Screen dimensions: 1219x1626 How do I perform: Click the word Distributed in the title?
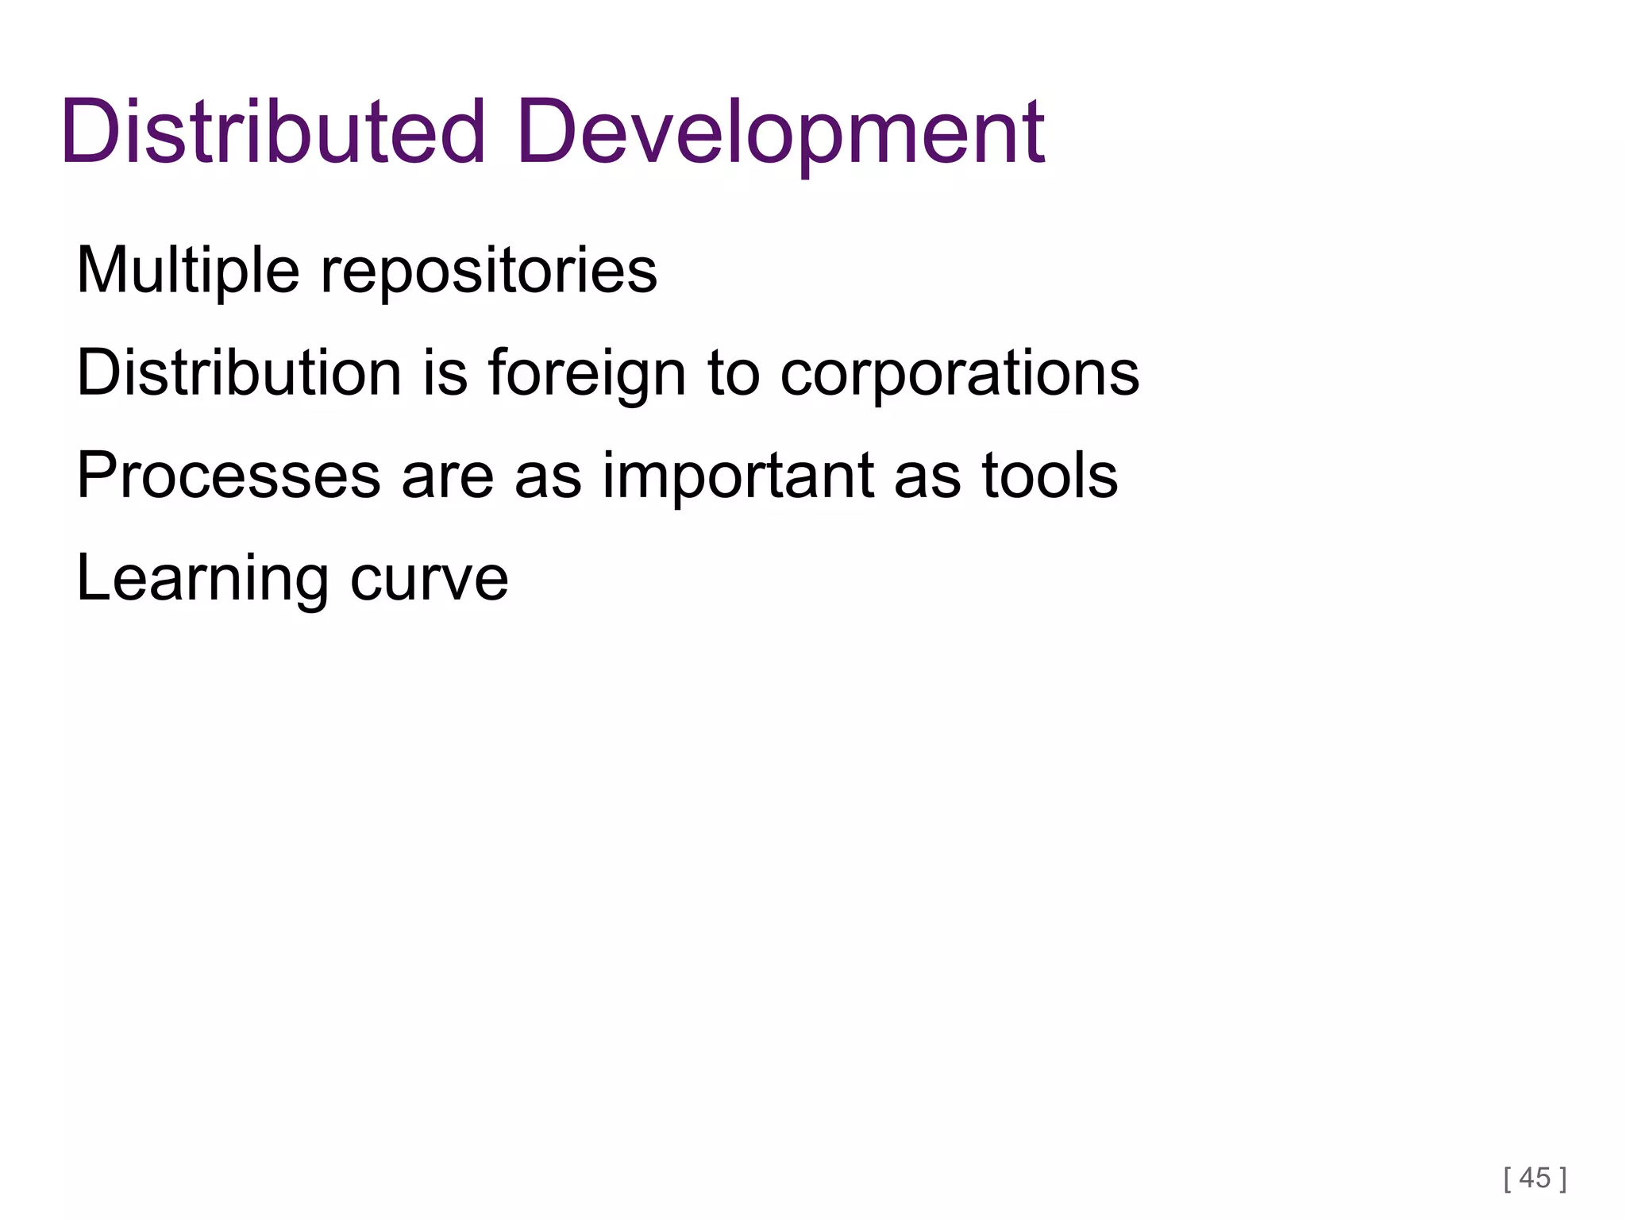[272, 132]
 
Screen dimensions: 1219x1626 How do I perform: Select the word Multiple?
[188, 270]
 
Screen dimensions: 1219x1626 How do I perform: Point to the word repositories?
[488, 272]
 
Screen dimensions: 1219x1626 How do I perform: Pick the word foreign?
[587, 373]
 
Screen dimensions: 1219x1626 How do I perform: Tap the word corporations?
[960, 373]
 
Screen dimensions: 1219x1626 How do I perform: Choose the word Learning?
[202, 578]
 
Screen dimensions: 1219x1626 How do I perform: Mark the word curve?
[429, 580]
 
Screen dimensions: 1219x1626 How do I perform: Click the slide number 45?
[1535, 1177]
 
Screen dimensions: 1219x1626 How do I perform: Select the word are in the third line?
[448, 476]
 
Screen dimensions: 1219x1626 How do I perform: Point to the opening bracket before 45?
[1508, 1178]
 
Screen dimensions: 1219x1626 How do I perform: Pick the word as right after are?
[548, 476]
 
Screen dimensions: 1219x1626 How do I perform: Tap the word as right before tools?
[927, 476]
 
